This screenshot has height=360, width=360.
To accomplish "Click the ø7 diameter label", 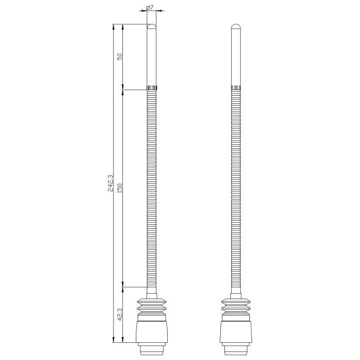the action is pyautogui.click(x=150, y=8).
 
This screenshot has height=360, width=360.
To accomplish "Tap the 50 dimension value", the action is pyautogui.click(x=119, y=56).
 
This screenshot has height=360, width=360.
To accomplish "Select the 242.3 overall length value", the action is pyautogui.click(x=111, y=183).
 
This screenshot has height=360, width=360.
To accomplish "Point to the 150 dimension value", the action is pyautogui.click(x=119, y=188).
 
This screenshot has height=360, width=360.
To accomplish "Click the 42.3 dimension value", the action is pyautogui.click(x=119, y=314).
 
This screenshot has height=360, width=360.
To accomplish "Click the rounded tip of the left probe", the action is pyautogui.click(x=152, y=26).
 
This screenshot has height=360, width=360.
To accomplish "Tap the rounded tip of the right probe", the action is pyautogui.click(x=236, y=26).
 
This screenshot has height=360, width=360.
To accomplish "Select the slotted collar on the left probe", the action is pyautogui.click(x=152, y=88).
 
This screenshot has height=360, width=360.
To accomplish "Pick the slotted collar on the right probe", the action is pyautogui.click(x=236, y=88).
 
